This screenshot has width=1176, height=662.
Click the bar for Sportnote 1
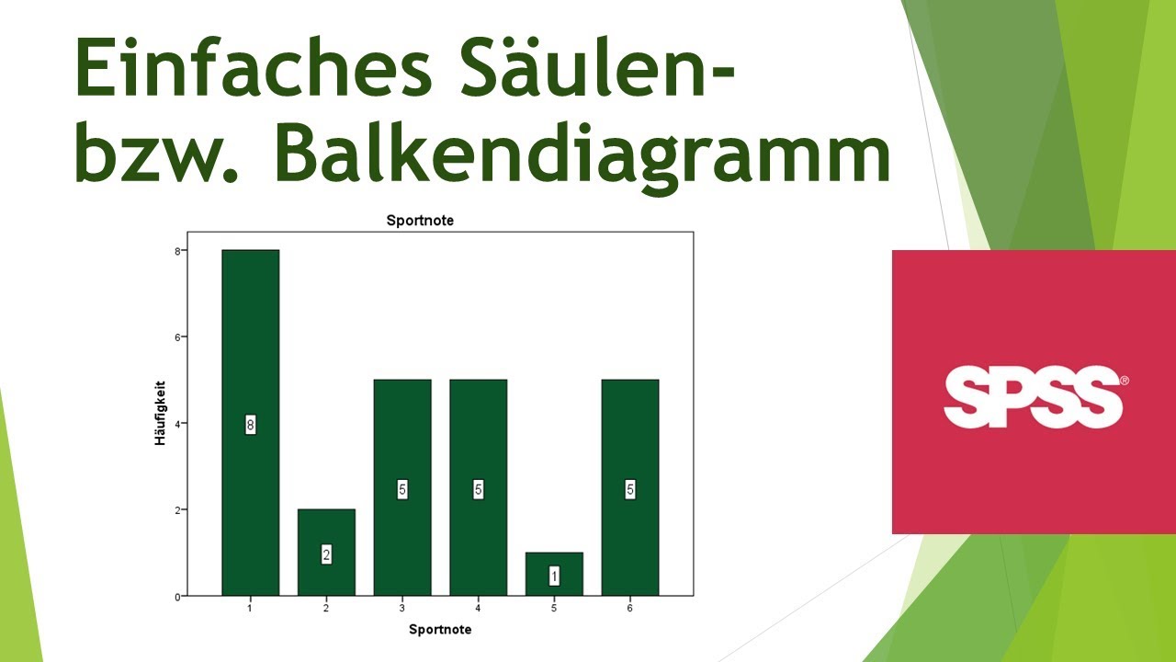tap(250, 349)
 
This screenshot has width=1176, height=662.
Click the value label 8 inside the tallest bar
tap(250, 425)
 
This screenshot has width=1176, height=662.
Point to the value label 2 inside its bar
tap(326, 554)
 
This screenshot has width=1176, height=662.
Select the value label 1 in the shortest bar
tap(554, 576)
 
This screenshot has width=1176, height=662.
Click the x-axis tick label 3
tap(401, 609)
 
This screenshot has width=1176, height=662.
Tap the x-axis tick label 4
tap(478, 609)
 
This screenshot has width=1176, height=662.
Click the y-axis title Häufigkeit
tap(160, 414)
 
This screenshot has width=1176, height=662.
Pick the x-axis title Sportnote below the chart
tap(440, 630)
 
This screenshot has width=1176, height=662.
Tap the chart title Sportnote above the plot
tap(420, 221)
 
